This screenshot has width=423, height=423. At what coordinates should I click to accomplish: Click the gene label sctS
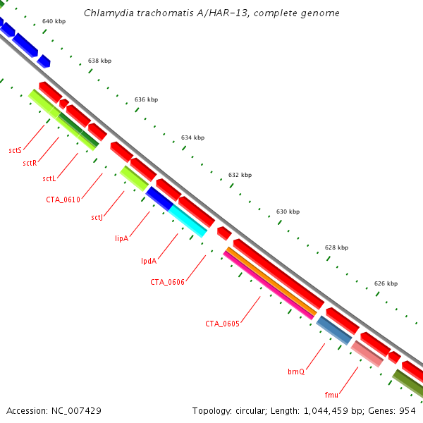click(x=15, y=150)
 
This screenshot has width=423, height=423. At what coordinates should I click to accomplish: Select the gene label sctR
click(x=29, y=163)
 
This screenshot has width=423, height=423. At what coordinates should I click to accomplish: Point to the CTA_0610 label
click(x=63, y=200)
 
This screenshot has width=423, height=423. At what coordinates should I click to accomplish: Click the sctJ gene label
click(x=97, y=217)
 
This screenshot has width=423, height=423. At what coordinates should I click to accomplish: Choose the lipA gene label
click(x=121, y=238)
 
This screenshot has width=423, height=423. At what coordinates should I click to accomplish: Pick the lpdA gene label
click(x=148, y=261)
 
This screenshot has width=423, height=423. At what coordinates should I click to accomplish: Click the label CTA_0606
click(x=167, y=282)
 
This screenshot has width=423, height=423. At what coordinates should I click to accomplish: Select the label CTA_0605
click(x=222, y=324)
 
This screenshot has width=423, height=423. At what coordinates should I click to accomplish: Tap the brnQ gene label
click(x=296, y=371)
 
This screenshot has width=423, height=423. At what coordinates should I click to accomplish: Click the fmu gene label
click(x=331, y=394)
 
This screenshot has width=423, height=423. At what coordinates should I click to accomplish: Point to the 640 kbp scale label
click(x=54, y=21)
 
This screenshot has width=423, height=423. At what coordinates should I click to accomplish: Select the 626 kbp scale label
click(x=385, y=283)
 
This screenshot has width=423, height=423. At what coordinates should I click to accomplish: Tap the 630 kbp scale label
click(x=288, y=211)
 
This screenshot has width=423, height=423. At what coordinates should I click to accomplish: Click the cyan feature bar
click(x=188, y=221)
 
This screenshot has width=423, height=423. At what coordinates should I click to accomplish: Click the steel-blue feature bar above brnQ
click(x=333, y=329)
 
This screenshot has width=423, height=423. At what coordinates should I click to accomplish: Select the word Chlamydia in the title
click(x=108, y=13)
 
